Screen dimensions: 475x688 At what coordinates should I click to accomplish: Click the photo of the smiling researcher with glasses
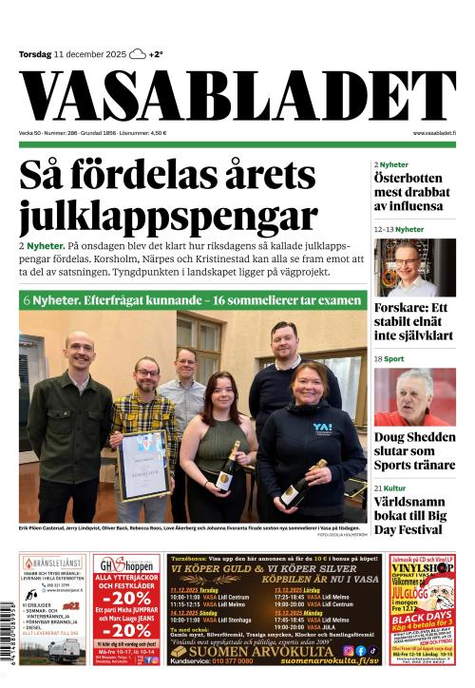pyautogui.click(x=414, y=267)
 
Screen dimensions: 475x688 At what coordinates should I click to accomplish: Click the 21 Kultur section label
pyautogui.click(x=391, y=487)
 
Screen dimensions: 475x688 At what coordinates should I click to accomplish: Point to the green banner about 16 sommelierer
pyautogui.click(x=193, y=300)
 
